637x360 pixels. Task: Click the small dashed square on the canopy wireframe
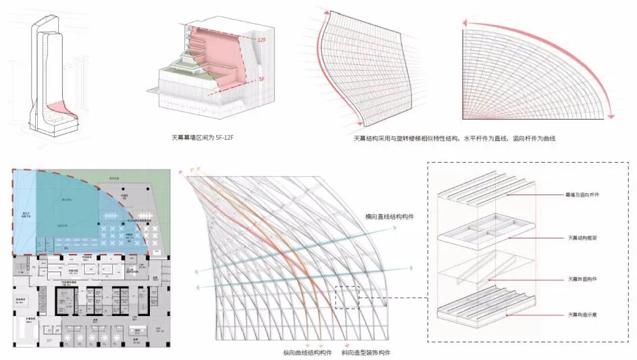(x=346, y=297)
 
